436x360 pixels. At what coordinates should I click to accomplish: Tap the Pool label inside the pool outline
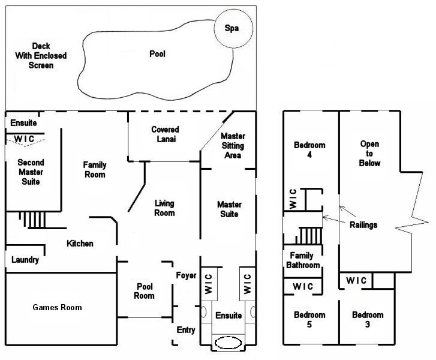click(x=157, y=54)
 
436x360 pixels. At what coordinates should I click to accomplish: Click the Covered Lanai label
click(x=165, y=134)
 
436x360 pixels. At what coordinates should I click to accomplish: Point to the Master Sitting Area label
click(x=232, y=146)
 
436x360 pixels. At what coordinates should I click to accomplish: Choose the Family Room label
click(x=95, y=170)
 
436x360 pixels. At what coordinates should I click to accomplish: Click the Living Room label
click(x=164, y=208)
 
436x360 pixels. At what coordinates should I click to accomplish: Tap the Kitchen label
click(x=80, y=244)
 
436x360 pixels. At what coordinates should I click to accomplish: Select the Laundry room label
click(x=25, y=260)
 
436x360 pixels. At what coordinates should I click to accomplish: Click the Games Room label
click(x=57, y=307)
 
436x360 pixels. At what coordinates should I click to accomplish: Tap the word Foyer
click(x=186, y=275)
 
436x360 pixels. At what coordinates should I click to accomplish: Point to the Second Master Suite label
click(x=31, y=172)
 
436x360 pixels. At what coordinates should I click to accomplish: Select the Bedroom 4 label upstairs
click(x=309, y=149)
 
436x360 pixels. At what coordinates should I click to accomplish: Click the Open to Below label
click(x=370, y=154)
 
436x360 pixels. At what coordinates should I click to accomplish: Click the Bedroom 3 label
click(x=368, y=320)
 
